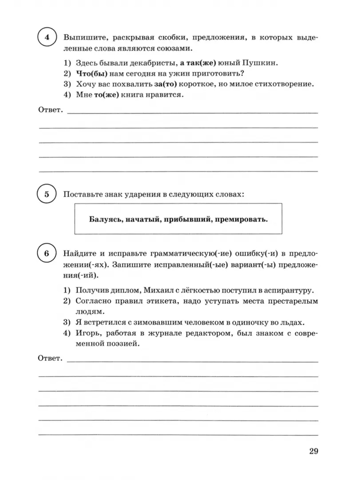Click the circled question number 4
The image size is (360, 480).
[x=47, y=38]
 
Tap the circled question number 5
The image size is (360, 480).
[x=47, y=195]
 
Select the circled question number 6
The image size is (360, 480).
[x=47, y=254]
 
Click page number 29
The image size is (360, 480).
[x=313, y=452]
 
